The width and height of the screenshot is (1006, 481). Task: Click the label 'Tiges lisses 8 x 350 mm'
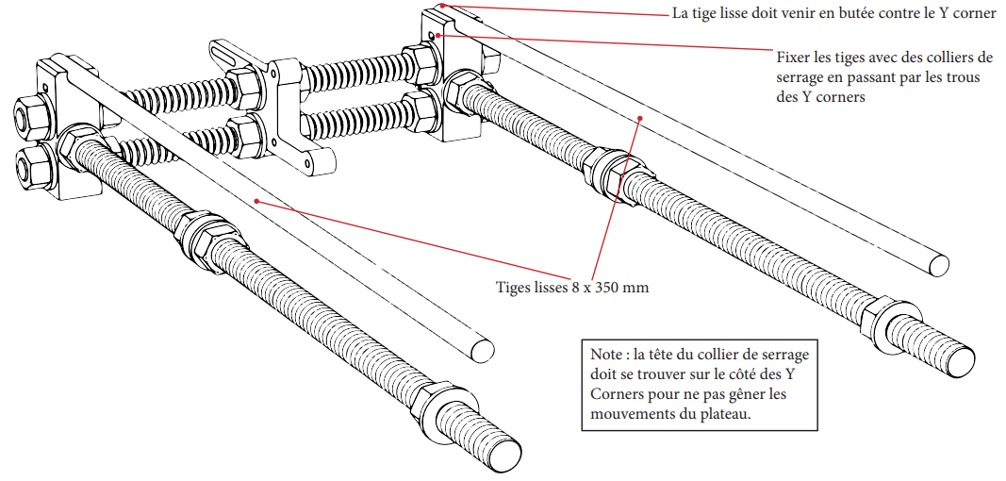click(572, 287)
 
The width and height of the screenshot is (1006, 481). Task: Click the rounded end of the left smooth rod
click(481, 349)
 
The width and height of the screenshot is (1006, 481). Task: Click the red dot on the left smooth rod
click(256, 200)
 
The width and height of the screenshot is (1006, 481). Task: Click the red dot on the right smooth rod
click(640, 118)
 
